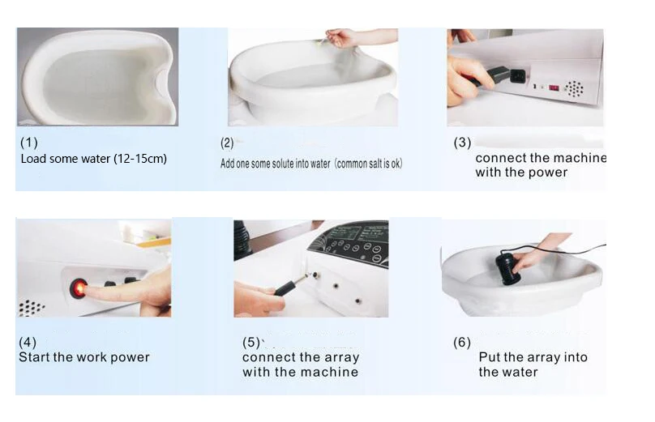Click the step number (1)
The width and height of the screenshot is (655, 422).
[x=29, y=143]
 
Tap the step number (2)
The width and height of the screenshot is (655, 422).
[x=227, y=143]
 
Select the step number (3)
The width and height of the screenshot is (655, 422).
[x=462, y=143]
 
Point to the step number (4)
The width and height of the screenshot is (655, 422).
[x=28, y=343]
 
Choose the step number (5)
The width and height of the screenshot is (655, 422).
[x=251, y=343]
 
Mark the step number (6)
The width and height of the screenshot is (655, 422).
[x=462, y=343]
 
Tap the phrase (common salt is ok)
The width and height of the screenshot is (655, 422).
[x=368, y=164]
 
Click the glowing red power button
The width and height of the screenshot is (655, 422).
[x=78, y=288]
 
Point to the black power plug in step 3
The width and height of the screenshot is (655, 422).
[x=499, y=76]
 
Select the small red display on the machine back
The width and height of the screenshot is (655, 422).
[x=554, y=88]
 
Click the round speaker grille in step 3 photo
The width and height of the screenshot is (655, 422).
[x=575, y=90]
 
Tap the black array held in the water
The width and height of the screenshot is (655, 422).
[x=507, y=269]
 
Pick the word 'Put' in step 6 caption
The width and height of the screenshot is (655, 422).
[x=489, y=357]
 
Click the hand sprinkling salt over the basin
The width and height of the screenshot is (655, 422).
[x=351, y=36]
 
